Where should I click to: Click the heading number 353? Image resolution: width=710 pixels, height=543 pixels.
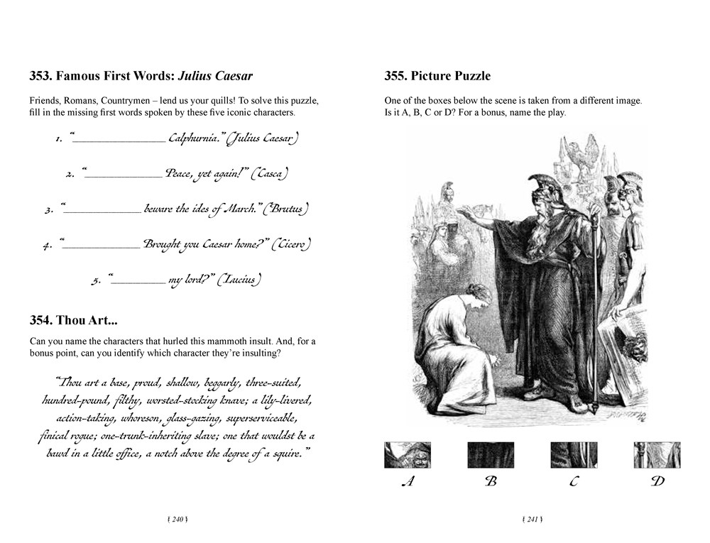click(x=40, y=76)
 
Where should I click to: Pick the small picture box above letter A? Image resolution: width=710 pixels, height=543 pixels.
click(x=407, y=455)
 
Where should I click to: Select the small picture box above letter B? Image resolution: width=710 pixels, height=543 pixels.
click(x=491, y=455)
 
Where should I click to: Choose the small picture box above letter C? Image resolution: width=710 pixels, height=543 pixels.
click(x=574, y=455)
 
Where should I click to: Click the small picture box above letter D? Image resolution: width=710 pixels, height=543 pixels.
click(x=657, y=455)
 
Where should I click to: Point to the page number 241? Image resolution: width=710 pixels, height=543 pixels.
click(x=532, y=520)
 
